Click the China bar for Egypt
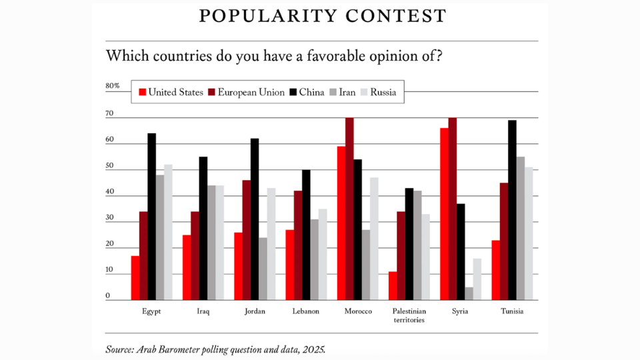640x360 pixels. [151, 217]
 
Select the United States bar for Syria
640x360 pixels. [444, 214]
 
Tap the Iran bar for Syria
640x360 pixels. [469, 293]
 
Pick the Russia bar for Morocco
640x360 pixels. [374, 239]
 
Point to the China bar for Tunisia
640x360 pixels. [513, 210]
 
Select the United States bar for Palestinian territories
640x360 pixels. [392, 286]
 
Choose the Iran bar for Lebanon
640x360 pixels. [314, 260]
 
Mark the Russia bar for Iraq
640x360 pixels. [219, 243]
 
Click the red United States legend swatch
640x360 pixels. [142, 93]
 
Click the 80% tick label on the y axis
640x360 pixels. [113, 86]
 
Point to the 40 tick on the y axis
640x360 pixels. [109, 193]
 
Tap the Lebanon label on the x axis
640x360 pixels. [306, 311]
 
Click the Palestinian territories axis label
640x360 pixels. [409, 315]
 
